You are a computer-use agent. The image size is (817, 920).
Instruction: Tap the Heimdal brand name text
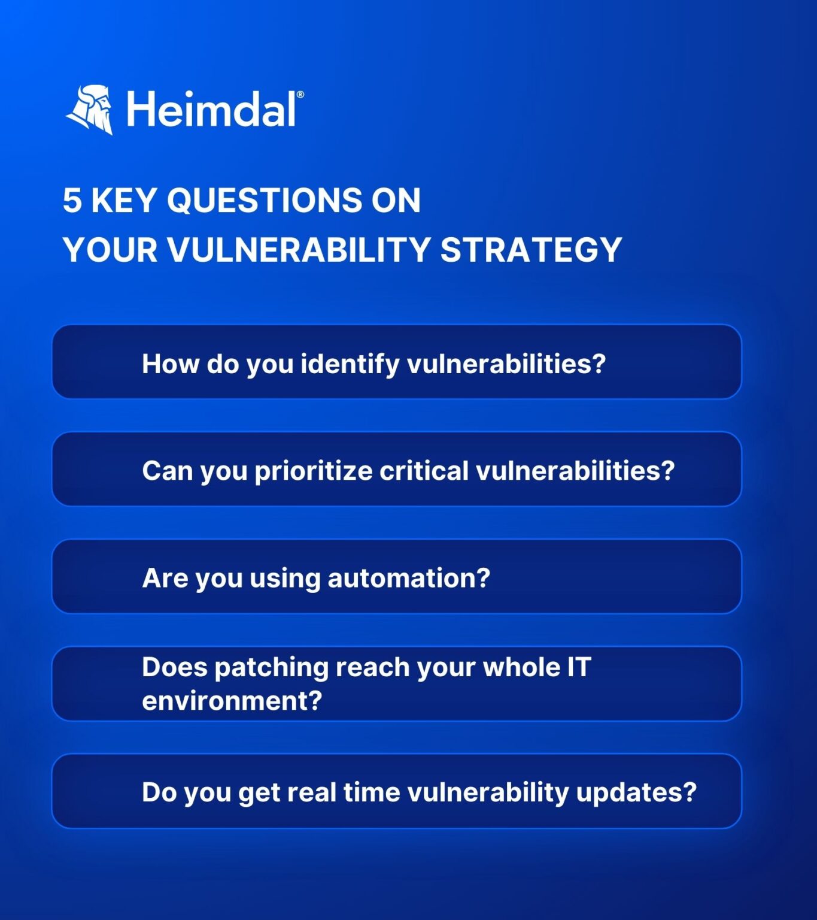click(211, 110)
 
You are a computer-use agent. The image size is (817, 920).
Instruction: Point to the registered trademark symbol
click(300, 95)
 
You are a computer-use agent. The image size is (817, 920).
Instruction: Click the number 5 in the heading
click(72, 200)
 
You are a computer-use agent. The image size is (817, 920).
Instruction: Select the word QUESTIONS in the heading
click(264, 200)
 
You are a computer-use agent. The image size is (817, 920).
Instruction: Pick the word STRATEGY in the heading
click(531, 250)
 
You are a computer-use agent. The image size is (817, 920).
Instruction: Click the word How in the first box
click(170, 364)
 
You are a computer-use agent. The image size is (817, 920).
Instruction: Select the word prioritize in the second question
click(314, 471)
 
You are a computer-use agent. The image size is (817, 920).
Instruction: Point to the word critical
click(424, 471)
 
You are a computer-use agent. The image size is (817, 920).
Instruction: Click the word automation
click(404, 579)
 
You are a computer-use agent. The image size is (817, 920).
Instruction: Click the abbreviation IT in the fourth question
click(579, 667)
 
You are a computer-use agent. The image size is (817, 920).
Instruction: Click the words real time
click(344, 792)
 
